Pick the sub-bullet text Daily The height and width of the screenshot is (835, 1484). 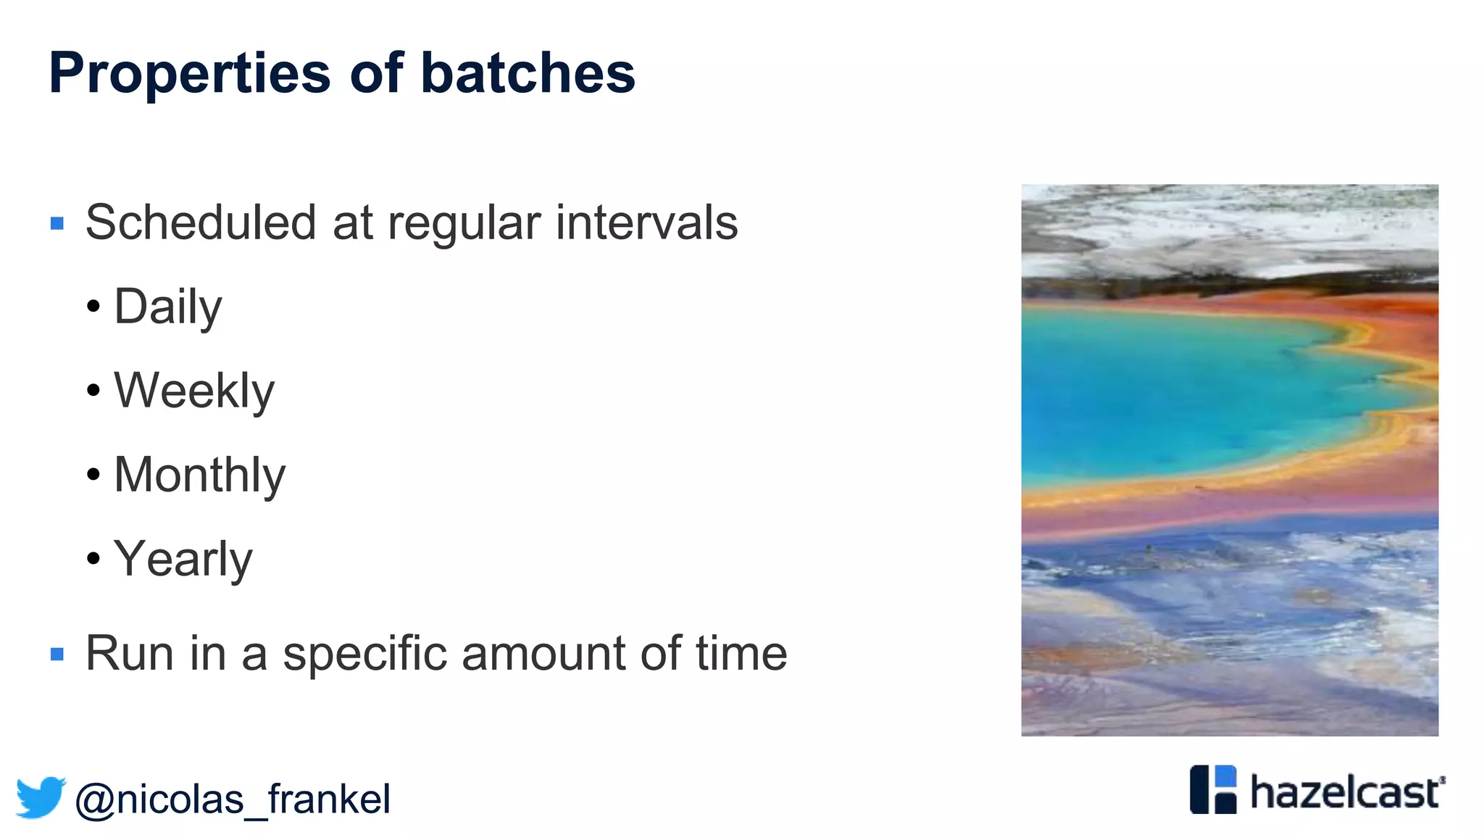point(168,307)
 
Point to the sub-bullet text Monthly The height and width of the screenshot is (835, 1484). point(200,475)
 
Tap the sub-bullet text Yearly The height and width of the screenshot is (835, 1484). point(183,560)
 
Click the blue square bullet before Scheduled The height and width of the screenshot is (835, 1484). point(57,223)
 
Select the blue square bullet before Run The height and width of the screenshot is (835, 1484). point(57,655)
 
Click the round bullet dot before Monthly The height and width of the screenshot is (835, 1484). point(93,475)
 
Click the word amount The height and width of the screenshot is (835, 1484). point(543,654)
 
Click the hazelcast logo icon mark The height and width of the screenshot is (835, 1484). point(1213,789)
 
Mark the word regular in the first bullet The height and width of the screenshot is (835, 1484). point(464,223)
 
